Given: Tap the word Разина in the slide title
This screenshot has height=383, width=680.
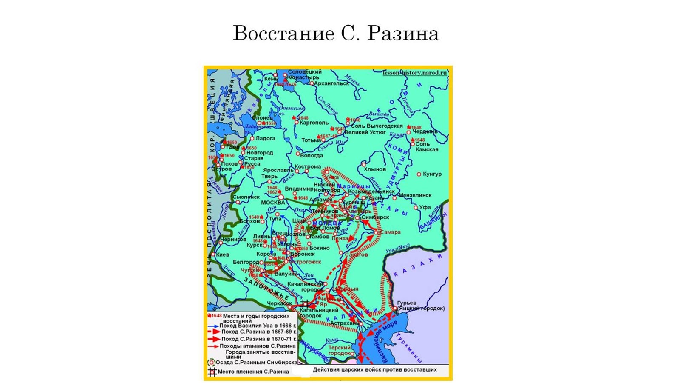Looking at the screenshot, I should pos(402,33).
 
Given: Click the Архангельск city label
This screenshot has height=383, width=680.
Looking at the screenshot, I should pos(332,83).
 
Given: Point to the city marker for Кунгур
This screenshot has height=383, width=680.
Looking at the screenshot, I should pos(419,174).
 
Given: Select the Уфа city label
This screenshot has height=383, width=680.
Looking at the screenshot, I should pos(425,207).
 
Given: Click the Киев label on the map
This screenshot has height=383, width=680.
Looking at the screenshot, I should pos(223,254).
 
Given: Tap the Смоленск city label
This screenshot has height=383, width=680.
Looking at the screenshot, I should pos(246,197).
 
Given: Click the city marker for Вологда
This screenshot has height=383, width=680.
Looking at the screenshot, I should pos(298,154).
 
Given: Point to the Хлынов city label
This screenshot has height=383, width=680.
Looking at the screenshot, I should pos(375,169).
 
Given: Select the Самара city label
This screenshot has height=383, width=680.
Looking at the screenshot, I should pos(391,232).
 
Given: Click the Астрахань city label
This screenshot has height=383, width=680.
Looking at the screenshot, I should pos(344,323).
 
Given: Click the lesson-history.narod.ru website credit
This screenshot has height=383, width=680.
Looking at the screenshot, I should pos(415,73).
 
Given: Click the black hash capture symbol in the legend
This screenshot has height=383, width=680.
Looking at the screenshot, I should pos(212,372).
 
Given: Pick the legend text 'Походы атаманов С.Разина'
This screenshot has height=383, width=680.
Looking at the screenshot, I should pos(258,346).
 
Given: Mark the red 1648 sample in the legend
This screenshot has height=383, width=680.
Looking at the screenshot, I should pos(215,316).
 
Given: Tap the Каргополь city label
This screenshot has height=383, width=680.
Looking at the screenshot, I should pos(314,123).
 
